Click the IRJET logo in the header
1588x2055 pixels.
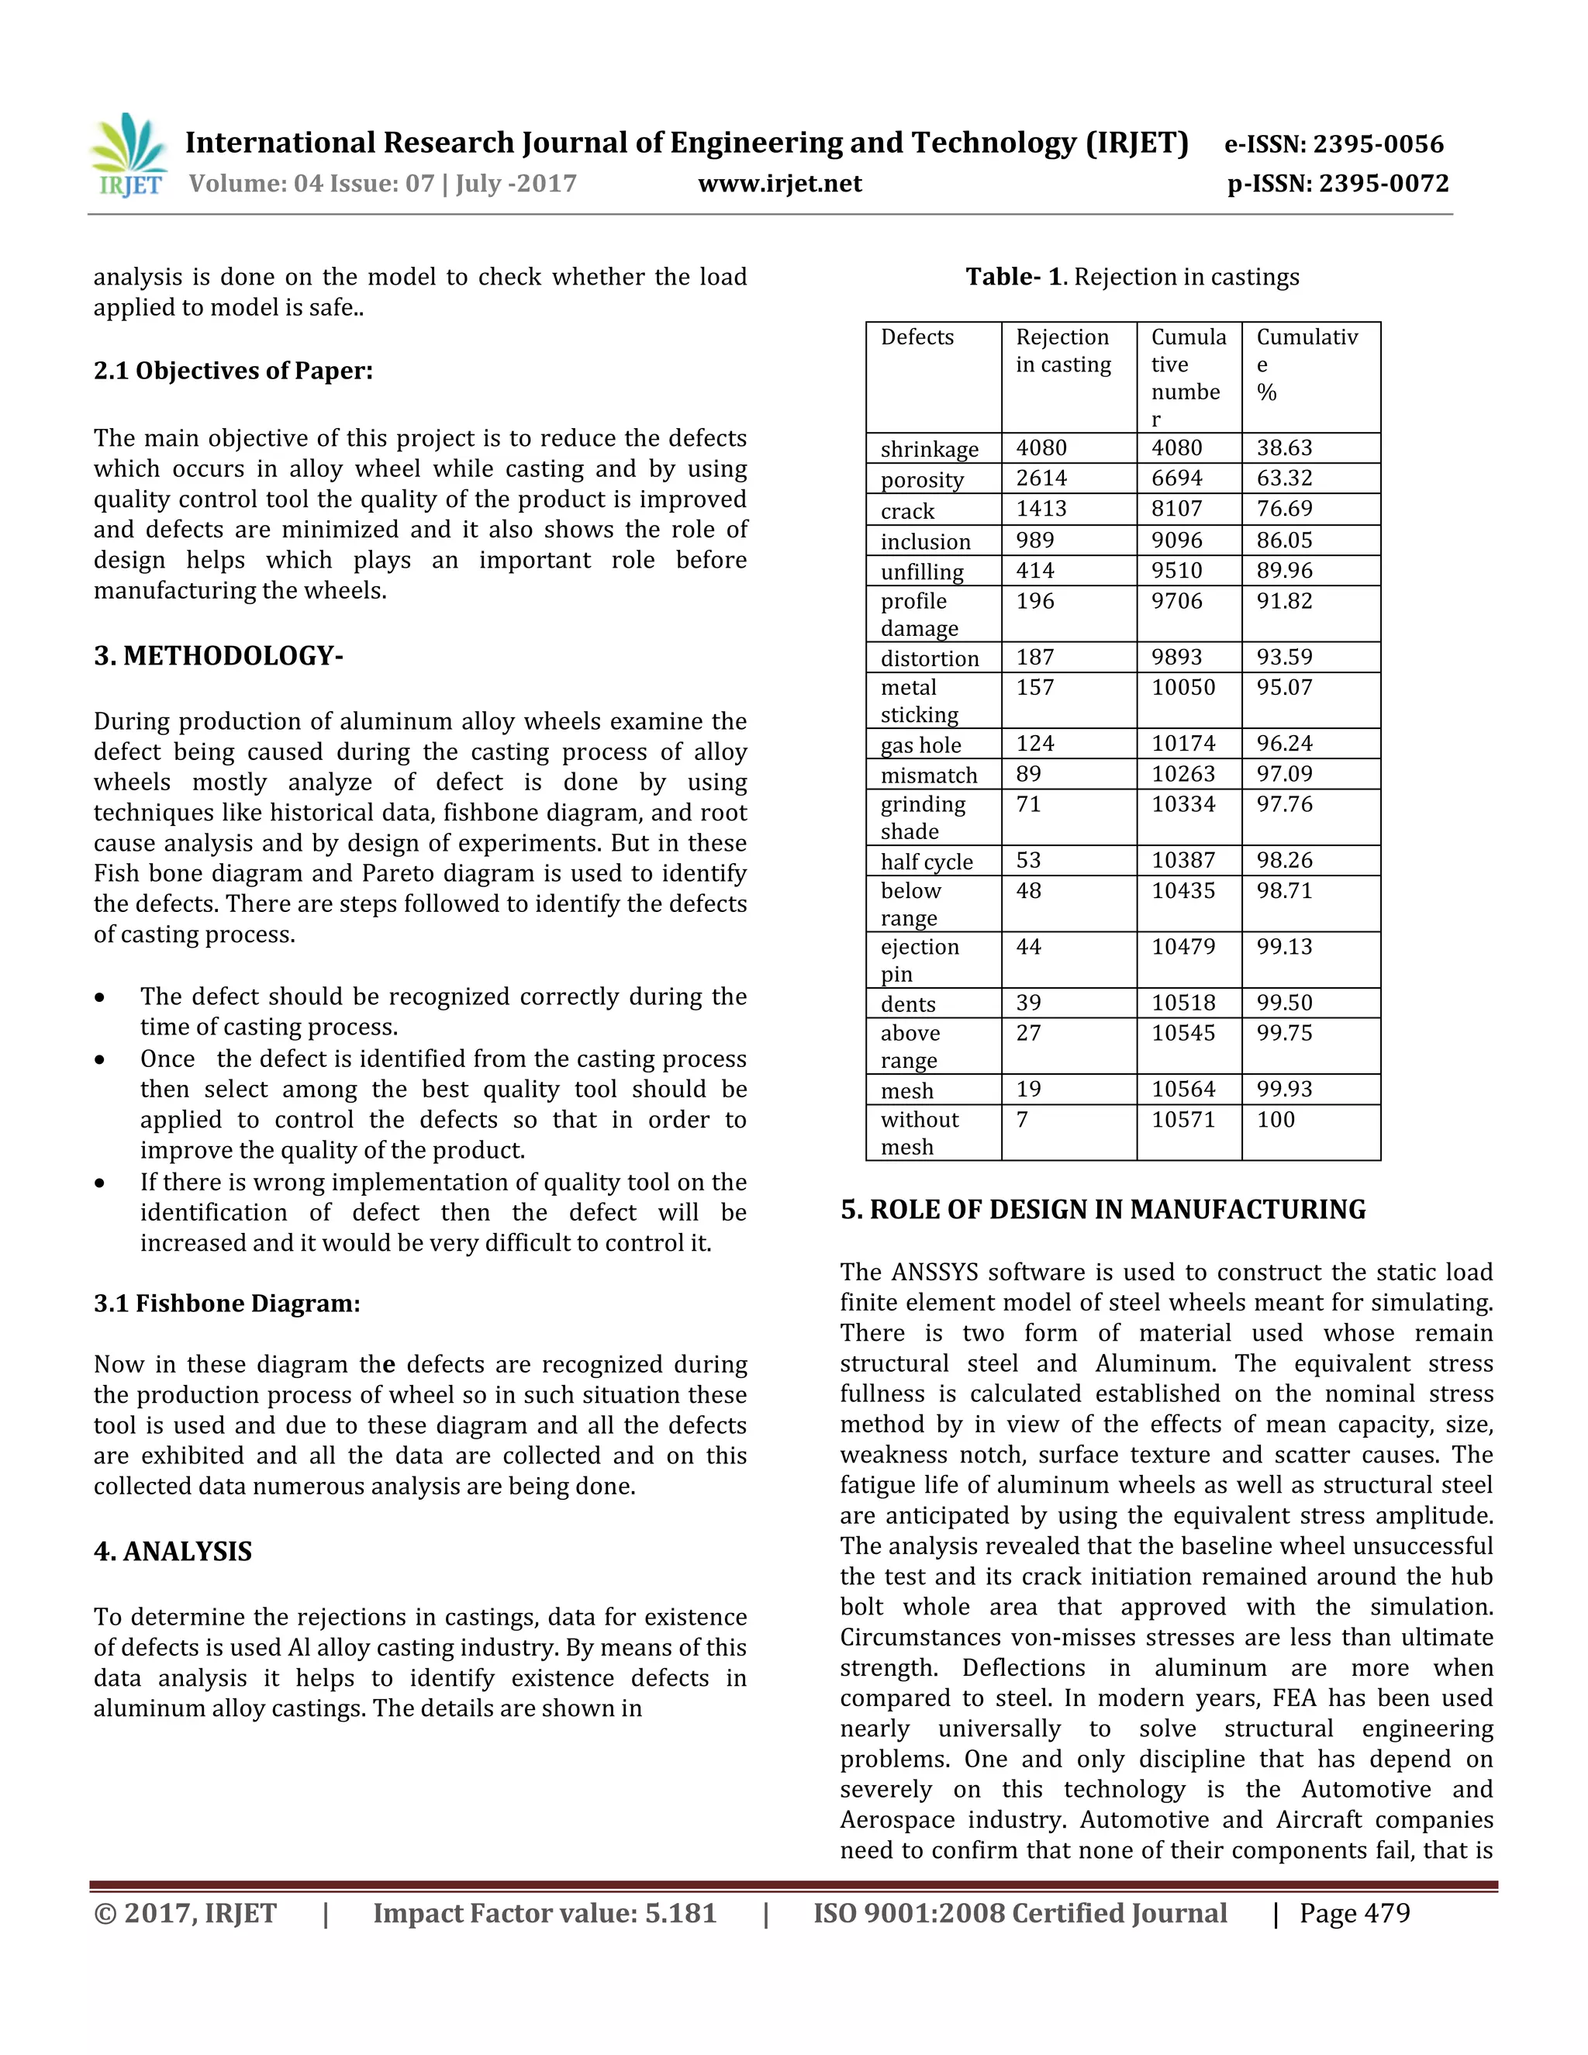[129, 156]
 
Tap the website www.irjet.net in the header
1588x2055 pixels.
[780, 184]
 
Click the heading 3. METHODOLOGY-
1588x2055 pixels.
[218, 656]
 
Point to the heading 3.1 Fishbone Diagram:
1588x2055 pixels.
[226, 1304]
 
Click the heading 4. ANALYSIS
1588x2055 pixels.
[173, 1552]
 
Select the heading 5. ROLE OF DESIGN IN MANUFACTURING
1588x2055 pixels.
[1103, 1210]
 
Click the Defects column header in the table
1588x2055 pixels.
[917, 337]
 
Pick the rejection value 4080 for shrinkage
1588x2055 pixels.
[1041, 448]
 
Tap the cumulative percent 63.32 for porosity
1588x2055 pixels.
[1284, 478]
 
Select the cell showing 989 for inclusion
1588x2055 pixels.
[1035, 540]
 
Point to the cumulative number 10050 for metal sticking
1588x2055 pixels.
[1183, 688]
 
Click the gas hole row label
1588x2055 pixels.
[921, 745]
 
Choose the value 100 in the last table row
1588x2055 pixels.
[1276, 1120]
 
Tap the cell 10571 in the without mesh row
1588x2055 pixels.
[1183, 1120]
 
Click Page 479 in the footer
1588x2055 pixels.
[1354, 1914]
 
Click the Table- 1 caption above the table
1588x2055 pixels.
[1132, 277]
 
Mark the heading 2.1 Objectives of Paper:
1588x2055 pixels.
[233, 371]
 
